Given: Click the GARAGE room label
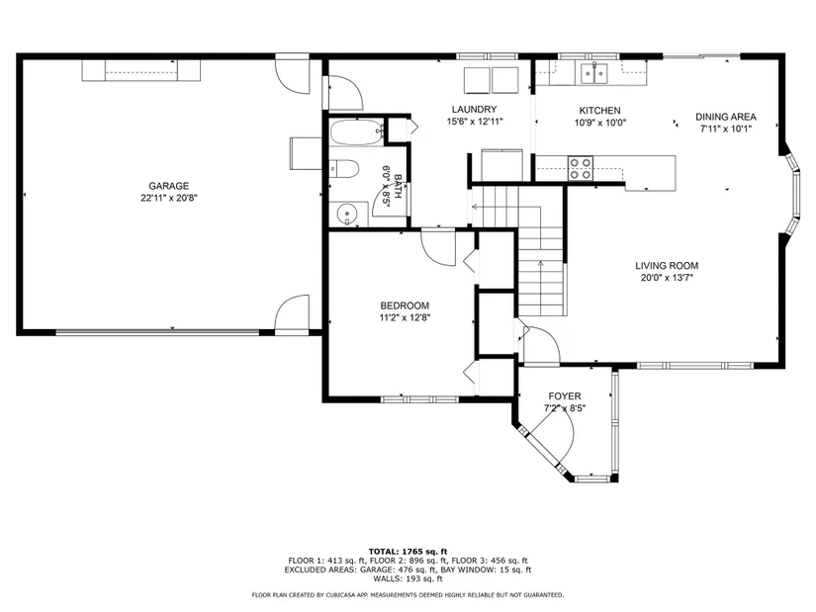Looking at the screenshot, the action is coord(168,186).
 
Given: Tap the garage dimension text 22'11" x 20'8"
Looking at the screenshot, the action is coord(168,198).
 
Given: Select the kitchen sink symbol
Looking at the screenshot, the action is coord(594,73).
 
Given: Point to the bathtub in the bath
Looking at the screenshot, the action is coord(357,132).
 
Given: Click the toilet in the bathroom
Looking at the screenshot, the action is coord(344,169).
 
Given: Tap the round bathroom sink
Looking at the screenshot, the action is coord(346,214).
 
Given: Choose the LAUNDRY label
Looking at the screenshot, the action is coord(474,110).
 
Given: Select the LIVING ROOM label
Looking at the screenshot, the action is coord(667,266).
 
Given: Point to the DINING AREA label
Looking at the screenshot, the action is coord(726,117).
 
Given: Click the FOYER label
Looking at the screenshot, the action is coord(565,396).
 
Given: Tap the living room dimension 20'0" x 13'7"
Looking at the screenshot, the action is coord(667,278).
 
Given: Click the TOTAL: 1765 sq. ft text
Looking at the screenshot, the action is coord(408,552).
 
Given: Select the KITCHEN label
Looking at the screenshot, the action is coord(599,111).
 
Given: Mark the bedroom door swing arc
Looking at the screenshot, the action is coord(438,250).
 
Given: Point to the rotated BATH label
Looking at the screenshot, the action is coord(399,186).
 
